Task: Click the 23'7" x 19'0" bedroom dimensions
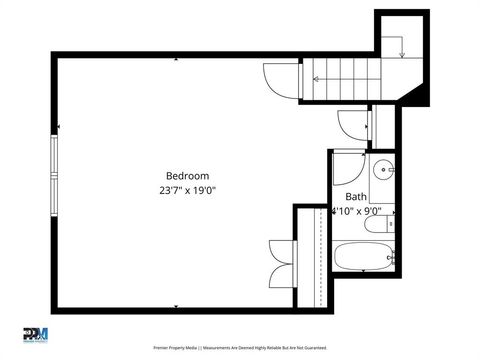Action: tap(187, 189)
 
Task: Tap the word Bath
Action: tap(356, 197)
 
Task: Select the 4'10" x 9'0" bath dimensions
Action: tap(357, 211)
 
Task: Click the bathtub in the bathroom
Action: tap(361, 256)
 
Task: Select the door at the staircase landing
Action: tap(280, 80)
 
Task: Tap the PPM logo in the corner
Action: tap(35, 334)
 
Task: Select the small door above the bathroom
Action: tap(353, 125)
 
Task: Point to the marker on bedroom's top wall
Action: tap(177, 60)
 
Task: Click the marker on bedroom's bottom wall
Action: tap(177, 305)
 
